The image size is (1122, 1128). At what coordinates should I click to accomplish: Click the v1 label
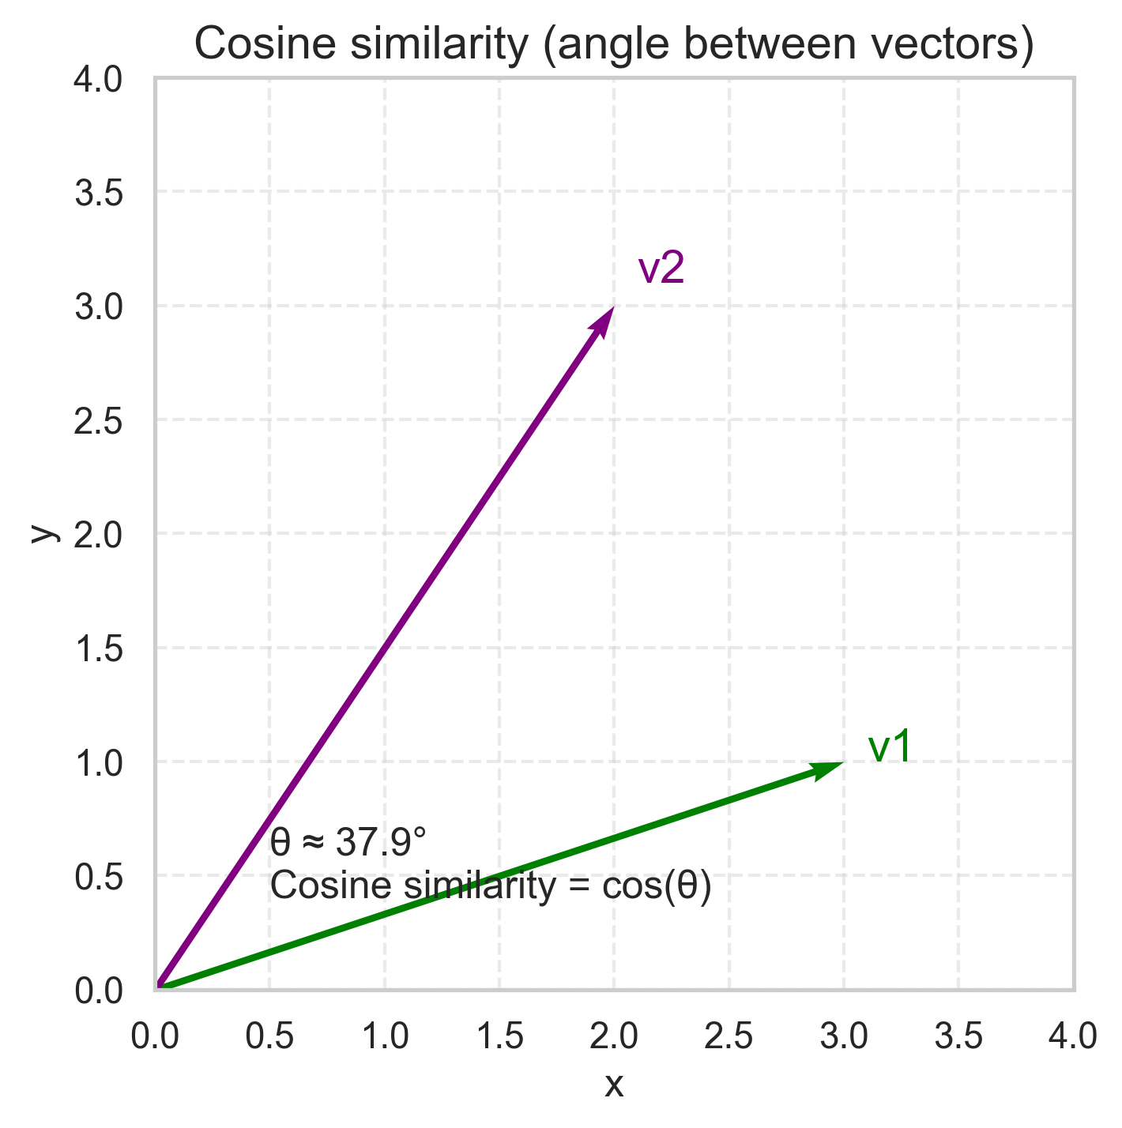890,747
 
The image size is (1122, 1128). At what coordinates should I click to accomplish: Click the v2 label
661,269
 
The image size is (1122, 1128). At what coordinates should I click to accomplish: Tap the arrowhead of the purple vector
604,321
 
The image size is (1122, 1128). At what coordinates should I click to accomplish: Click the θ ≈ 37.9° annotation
348,843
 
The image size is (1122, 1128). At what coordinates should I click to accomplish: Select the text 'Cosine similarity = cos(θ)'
491,885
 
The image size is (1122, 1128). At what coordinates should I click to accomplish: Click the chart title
614,45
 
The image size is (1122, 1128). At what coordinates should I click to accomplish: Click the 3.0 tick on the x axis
844,1036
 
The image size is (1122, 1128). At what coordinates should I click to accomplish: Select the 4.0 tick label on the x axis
1073,1036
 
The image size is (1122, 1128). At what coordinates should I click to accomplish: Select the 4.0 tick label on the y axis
99,79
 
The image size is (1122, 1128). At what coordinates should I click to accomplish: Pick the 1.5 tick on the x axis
499,1036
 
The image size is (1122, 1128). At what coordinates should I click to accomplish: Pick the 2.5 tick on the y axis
99,419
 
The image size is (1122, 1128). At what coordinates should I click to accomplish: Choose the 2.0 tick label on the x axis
614,1036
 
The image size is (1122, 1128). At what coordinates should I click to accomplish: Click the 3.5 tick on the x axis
958,1036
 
